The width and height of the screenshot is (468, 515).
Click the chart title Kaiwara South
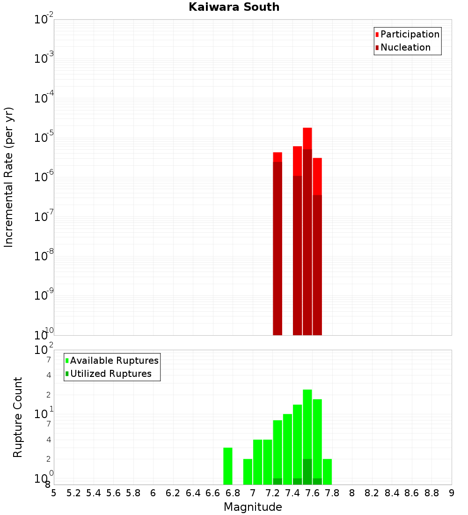(x=234, y=7)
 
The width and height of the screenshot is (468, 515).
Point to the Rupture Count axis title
(x=18, y=417)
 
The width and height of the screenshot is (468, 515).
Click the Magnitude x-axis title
(x=253, y=507)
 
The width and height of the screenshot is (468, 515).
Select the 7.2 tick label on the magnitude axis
(x=272, y=493)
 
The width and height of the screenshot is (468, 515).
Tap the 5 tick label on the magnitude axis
(x=54, y=493)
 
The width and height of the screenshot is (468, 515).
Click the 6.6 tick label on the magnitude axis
(x=213, y=493)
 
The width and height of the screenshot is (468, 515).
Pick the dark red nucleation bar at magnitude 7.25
(x=278, y=248)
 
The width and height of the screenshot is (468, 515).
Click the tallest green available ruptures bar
(x=307, y=421)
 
